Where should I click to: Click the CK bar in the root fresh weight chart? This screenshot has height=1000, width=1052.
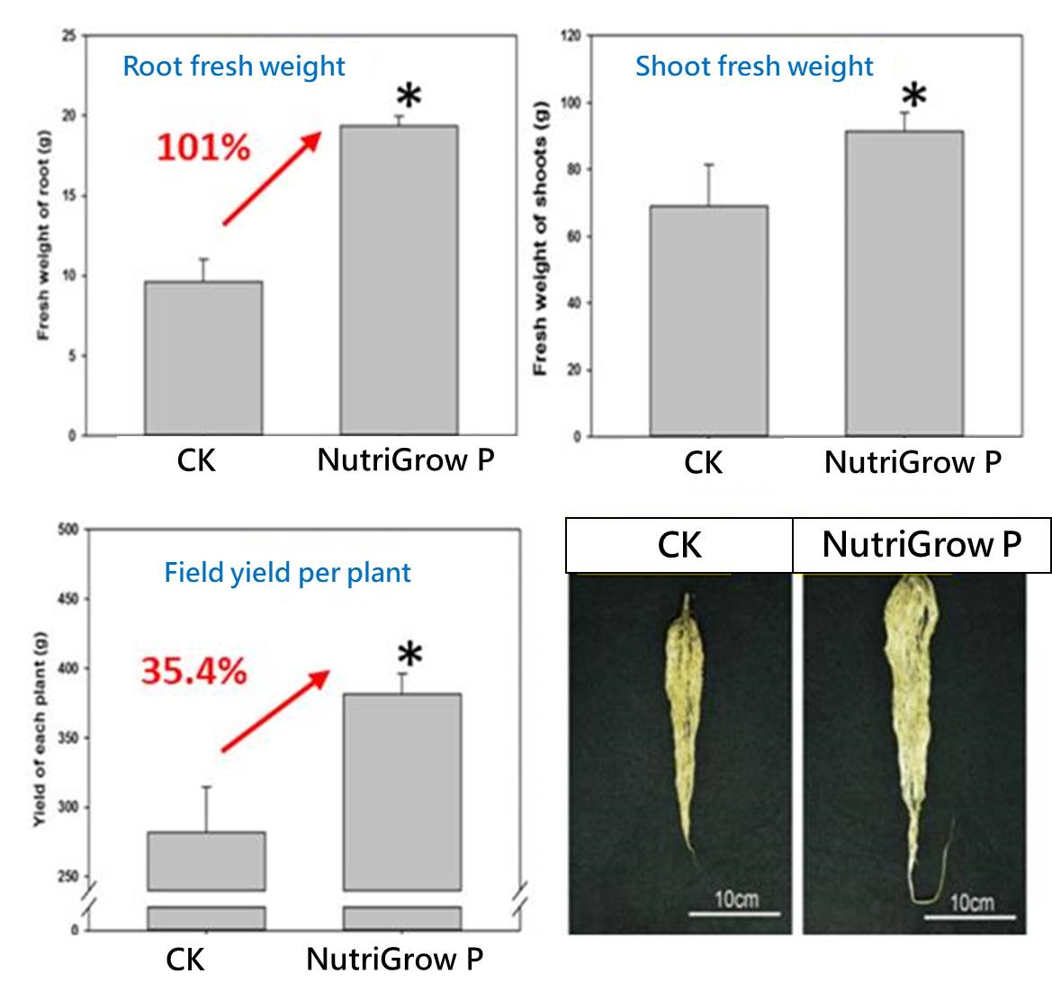(x=203, y=359)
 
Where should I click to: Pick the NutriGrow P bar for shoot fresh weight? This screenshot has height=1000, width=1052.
(x=904, y=284)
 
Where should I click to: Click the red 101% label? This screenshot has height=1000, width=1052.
(x=203, y=147)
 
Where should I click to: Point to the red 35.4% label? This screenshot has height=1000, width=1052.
(x=193, y=671)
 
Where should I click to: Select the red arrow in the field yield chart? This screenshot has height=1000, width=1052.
(x=275, y=710)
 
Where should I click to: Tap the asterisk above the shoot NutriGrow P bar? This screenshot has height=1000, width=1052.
(x=914, y=95)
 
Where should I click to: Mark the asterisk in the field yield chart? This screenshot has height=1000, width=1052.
(x=409, y=655)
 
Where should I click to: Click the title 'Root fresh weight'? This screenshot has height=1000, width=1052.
(x=234, y=67)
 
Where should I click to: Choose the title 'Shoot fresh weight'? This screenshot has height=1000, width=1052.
(x=754, y=67)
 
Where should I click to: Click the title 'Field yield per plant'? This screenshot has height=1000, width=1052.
(x=287, y=573)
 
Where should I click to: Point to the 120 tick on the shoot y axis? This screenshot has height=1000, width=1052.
(x=571, y=36)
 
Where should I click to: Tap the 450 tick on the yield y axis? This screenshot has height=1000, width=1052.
(x=68, y=599)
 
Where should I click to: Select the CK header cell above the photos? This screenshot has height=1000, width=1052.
(x=679, y=545)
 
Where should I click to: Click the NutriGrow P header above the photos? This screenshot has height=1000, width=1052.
(x=922, y=545)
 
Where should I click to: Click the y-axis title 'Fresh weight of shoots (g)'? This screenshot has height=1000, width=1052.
(x=540, y=246)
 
